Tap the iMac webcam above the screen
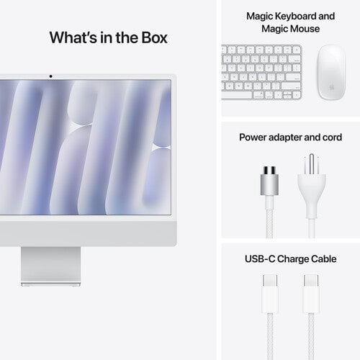point(50,76)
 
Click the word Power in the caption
point(253,136)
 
